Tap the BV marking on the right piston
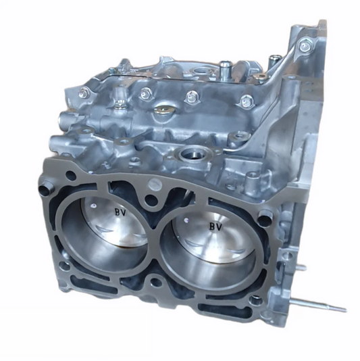tap(216, 226)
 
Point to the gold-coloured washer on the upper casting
tap(162, 108)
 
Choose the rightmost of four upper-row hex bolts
tap(247, 102)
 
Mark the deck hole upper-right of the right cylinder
tap(265, 216)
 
